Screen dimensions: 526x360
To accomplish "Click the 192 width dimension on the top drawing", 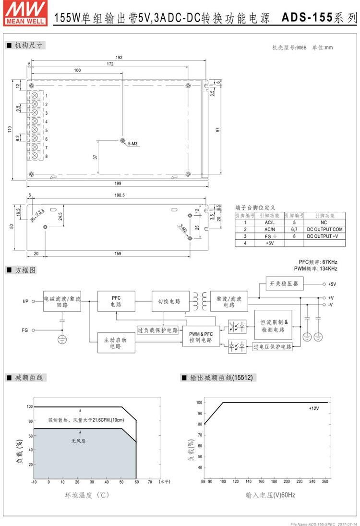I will (119, 58).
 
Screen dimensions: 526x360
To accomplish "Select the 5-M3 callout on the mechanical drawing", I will (133, 144).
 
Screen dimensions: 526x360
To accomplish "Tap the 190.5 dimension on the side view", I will (119, 195).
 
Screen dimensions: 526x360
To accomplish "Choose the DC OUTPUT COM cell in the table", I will (324, 229).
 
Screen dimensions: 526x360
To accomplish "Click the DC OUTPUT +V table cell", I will (324, 236).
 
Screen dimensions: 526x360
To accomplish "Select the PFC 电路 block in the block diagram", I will (116, 301).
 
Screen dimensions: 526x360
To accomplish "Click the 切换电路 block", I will (169, 301).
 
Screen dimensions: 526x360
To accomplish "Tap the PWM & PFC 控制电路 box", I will (201, 337).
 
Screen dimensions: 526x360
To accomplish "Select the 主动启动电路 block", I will (116, 343).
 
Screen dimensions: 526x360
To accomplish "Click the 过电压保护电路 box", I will (272, 346).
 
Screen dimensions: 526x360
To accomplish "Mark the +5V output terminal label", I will (332, 284).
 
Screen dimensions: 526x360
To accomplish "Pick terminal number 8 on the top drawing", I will (47, 156).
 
